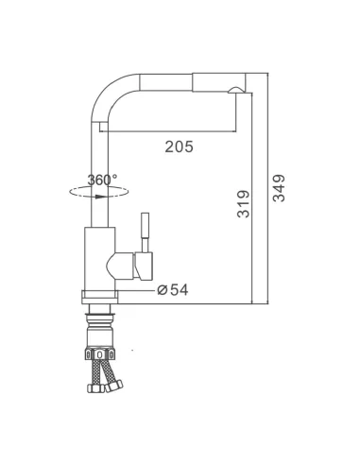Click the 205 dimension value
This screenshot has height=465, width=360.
tap(179, 146)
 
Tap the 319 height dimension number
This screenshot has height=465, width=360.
tap(243, 204)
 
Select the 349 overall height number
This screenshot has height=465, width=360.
tap(279, 188)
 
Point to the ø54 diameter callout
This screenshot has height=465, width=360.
tap(173, 290)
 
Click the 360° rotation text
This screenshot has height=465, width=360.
tap(102, 180)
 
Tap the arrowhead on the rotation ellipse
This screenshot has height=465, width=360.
tap(101, 197)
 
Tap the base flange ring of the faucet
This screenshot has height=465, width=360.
tap(99, 297)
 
